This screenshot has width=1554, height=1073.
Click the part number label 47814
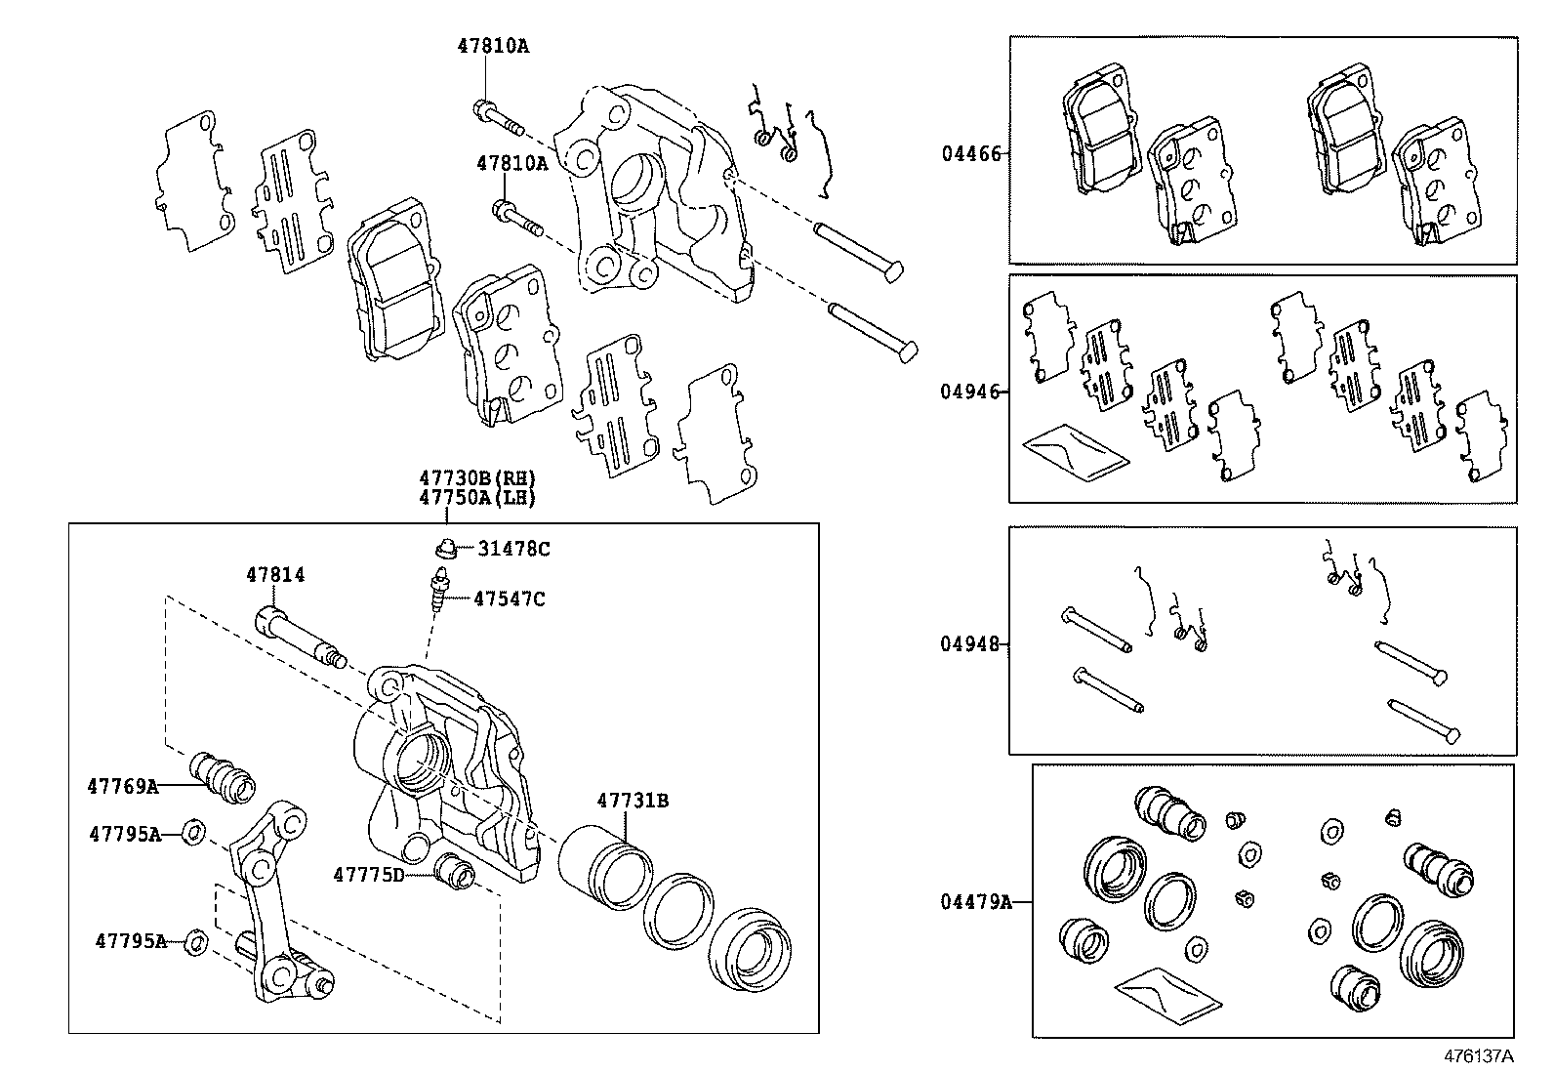point(274,576)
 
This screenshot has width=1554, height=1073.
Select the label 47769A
point(122,786)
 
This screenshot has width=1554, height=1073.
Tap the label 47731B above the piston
point(633,801)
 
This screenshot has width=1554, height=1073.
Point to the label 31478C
point(513,549)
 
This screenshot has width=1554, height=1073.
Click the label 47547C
point(510,598)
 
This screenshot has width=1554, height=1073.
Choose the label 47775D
point(368,874)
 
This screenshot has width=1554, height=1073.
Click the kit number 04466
point(970,153)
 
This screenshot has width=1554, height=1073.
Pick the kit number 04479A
point(976,902)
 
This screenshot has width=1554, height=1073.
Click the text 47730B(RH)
point(478,478)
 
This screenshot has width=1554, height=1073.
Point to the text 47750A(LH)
point(478,497)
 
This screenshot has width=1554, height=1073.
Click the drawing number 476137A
point(1479,1055)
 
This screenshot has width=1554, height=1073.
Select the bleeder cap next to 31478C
point(446,549)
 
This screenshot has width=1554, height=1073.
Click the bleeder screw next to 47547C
point(438,593)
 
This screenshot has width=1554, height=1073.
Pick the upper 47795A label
point(124,834)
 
